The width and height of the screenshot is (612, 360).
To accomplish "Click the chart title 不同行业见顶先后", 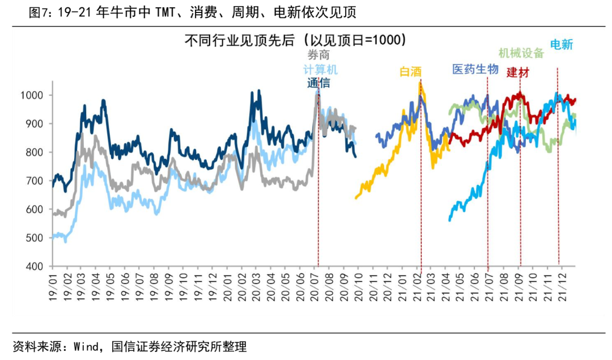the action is click(239, 40).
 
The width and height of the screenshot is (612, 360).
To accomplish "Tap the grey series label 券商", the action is click(318, 54).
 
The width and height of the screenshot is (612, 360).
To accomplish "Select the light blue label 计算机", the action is click(320, 70).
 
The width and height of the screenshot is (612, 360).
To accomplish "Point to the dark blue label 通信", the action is click(318, 83).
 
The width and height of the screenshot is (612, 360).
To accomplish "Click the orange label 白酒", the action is click(411, 72).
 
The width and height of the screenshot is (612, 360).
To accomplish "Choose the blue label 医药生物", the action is click(475, 69).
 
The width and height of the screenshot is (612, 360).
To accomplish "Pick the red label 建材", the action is click(518, 72).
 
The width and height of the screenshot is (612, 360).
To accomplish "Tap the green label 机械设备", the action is click(521, 53).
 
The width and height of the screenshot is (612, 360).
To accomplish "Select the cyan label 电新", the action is click(561, 45).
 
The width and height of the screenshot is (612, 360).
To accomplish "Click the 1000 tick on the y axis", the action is click(32, 95).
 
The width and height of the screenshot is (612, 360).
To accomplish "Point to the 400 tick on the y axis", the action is click(35, 266).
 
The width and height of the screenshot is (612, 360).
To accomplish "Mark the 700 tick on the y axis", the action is click(35, 181).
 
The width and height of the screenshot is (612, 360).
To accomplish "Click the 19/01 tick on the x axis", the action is click(53, 287).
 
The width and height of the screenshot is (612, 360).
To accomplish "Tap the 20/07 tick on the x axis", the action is click(314, 287).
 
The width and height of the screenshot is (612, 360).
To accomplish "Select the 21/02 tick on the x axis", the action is click(417, 287).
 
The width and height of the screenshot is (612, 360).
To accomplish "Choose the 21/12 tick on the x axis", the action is click(563, 287).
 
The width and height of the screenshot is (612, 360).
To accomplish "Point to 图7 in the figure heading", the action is click(37, 13).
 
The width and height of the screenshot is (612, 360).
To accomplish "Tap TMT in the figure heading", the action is click(165, 13).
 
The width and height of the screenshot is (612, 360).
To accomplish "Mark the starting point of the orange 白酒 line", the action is click(356, 198).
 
